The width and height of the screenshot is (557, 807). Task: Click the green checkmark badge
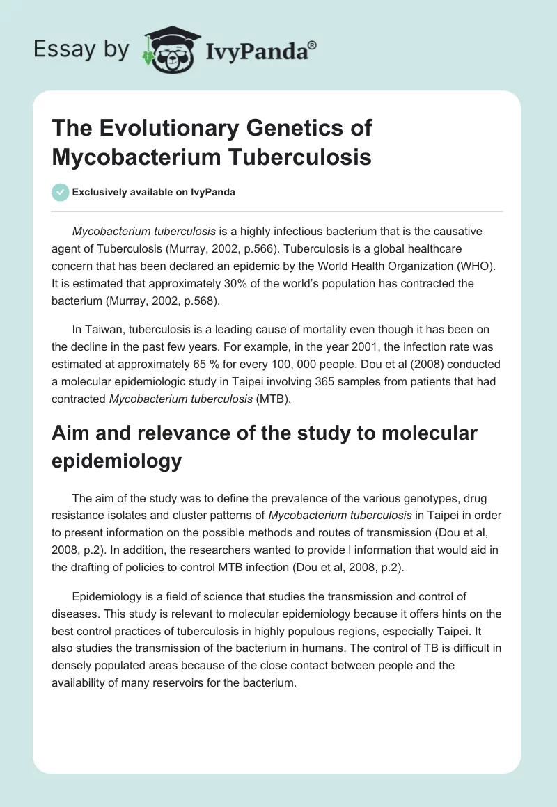[61, 192]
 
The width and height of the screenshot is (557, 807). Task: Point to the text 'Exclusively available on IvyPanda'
[154, 192]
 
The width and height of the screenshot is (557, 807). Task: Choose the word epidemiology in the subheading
[116, 461]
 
